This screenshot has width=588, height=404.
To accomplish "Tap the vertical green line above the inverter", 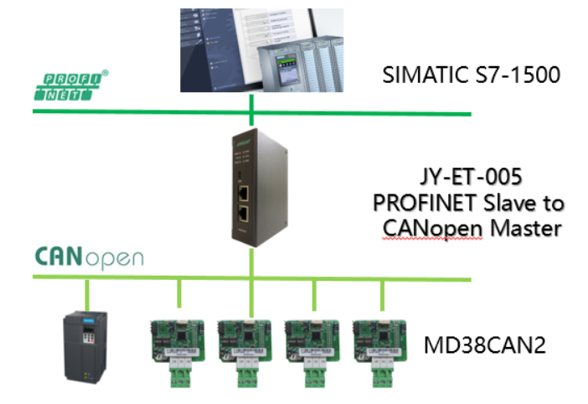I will point(88,295).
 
